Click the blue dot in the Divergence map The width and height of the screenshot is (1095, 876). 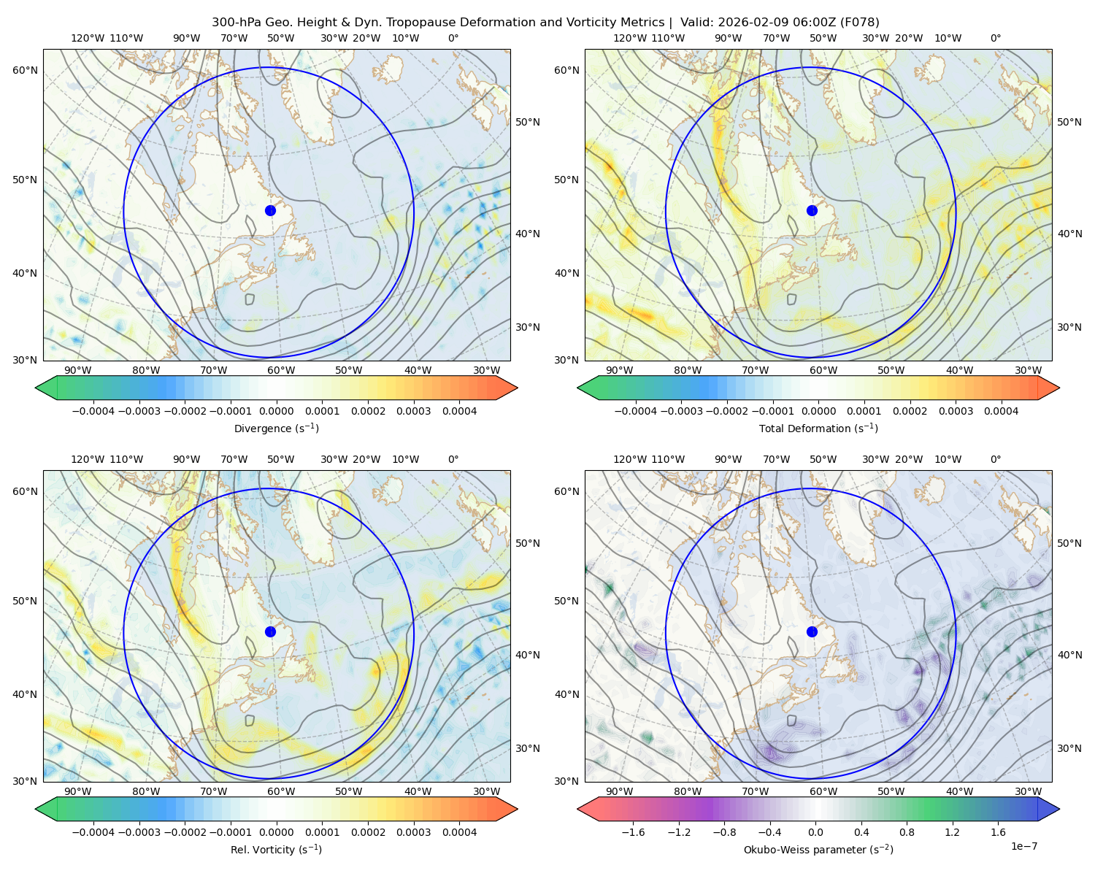point(270,210)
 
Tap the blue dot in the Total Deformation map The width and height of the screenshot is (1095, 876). point(812,210)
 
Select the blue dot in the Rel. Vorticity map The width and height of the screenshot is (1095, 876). point(270,631)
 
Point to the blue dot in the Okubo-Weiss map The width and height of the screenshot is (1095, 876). point(812,631)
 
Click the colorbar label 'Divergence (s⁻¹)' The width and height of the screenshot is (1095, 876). point(276,428)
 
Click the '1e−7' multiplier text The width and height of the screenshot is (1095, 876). point(1023,846)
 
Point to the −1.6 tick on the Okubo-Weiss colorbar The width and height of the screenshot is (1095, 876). point(633,831)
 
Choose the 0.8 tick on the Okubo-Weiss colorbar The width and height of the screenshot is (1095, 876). point(907,831)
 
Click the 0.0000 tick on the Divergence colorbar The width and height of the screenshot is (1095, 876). point(276,411)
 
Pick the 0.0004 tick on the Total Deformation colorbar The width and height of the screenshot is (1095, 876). point(1001,411)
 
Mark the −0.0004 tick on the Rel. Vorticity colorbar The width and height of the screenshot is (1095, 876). point(93,831)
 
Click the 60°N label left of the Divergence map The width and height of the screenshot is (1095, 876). point(25,70)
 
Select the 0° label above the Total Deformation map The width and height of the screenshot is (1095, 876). point(995,38)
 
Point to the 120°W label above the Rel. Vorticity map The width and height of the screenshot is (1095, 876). point(88,458)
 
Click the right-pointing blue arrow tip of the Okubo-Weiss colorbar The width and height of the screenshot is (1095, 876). point(1059,808)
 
